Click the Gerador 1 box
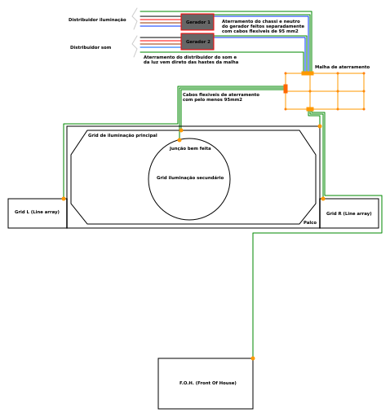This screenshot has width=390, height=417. pos(197,22)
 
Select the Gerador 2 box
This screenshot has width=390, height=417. pos(197,42)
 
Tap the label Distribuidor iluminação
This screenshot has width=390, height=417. pos(97,20)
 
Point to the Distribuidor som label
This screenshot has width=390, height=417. pos(91,47)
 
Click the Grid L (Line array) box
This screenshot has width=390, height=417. pos(37,213)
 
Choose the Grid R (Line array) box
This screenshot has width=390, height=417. pos(349,213)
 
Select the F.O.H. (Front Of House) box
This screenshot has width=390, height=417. pos(206,384)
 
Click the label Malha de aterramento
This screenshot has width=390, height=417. pos(342,67)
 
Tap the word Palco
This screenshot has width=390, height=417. pos(310,222)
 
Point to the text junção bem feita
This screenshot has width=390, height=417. pos(190,148)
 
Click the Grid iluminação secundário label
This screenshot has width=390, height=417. pos(190,178)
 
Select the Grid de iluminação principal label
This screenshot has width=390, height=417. pos(122,135)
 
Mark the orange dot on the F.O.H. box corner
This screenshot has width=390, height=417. pos(253,358)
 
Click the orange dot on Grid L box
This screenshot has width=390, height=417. pos(64,199)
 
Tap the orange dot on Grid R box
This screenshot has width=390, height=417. pos(322,199)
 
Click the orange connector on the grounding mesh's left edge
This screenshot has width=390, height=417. pos(286,88)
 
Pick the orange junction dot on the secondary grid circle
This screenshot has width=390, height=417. pos(179,140)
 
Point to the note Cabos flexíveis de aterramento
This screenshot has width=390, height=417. pos(220,97)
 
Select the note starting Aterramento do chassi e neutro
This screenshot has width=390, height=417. pos(263,26)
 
